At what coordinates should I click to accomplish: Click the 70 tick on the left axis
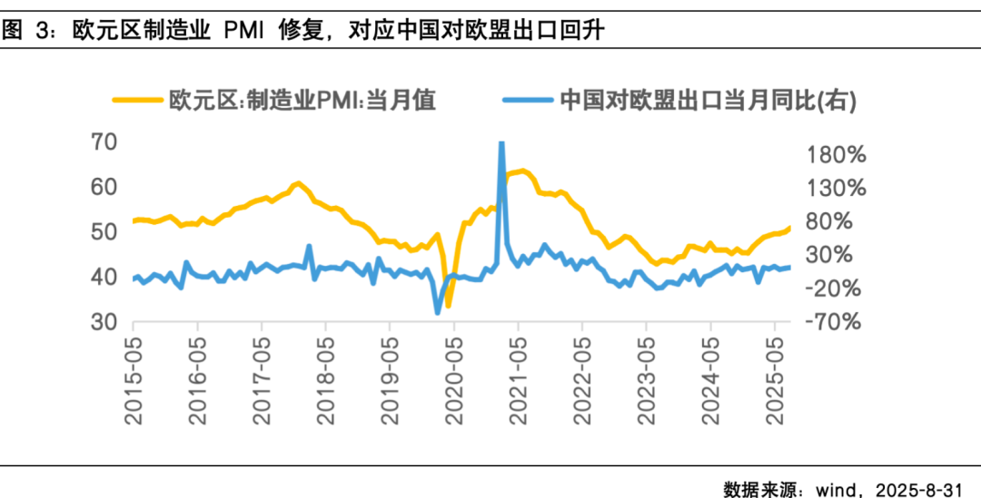click(x=105, y=142)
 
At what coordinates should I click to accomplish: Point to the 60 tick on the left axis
click(x=105, y=188)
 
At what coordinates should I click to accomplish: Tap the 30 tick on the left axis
click(x=105, y=323)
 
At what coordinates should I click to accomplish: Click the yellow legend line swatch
click(x=137, y=99)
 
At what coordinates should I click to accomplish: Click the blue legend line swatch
click(x=528, y=99)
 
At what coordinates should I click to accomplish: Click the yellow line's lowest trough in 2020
click(x=448, y=306)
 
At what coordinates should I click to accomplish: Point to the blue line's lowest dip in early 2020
click(x=437, y=312)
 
